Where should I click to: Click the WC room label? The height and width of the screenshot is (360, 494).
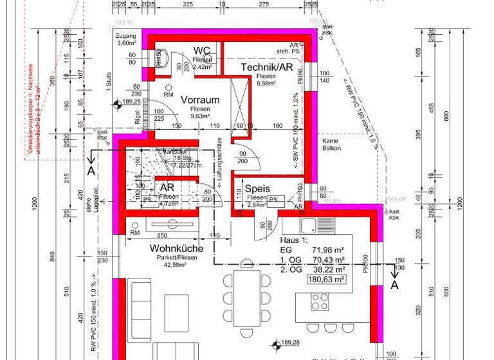coord(201,50)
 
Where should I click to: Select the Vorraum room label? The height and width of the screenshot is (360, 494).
coord(200,100)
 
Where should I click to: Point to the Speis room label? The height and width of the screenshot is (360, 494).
coord(257,188)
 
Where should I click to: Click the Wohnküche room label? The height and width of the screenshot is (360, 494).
coord(177,248)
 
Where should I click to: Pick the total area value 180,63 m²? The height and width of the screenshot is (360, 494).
coord(327,280)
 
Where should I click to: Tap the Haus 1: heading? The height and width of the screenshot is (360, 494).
coord(295,239)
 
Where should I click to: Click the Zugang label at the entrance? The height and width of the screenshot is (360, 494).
coord(127,36)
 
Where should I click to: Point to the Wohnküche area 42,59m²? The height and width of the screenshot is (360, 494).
coord(177,264)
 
